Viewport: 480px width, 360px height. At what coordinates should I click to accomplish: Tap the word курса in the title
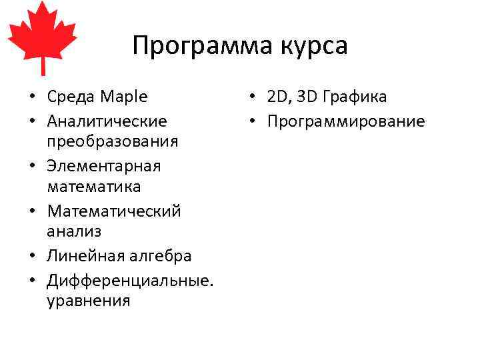[x=315, y=46]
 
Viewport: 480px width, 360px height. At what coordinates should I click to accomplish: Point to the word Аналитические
[x=107, y=121]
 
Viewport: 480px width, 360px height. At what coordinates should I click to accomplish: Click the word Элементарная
[x=104, y=165]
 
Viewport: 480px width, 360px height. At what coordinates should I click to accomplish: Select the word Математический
[x=114, y=211]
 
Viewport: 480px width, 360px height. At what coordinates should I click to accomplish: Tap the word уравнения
[x=89, y=301]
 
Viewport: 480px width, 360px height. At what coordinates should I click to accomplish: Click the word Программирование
[x=346, y=121]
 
